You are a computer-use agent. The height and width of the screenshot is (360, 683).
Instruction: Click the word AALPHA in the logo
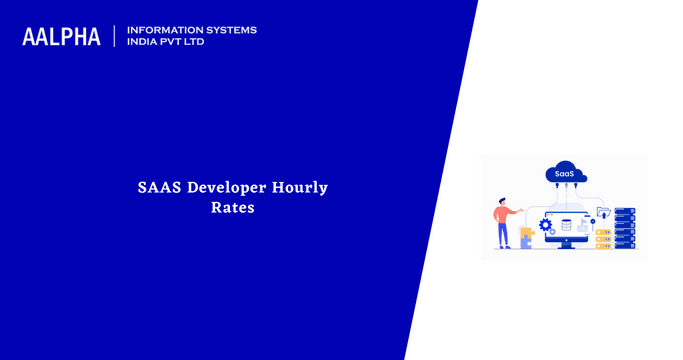[x=61, y=37]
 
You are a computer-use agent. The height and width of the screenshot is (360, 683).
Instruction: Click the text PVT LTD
[x=186, y=42]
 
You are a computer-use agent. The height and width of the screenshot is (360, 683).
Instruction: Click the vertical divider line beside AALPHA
[x=115, y=37]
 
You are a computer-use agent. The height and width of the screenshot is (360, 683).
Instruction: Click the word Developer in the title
[x=227, y=187]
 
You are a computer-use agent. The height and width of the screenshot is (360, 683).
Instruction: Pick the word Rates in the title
[x=232, y=209]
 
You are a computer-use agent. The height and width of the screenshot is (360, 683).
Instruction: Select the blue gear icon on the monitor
[x=546, y=224]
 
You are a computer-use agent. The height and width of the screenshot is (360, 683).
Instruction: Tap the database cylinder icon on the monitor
[x=567, y=224]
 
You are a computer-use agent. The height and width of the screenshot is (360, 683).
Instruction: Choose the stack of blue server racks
[x=625, y=227]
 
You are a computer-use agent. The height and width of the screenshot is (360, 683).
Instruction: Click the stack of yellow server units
[x=603, y=238]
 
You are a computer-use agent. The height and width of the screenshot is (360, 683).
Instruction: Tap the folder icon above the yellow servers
[x=602, y=212]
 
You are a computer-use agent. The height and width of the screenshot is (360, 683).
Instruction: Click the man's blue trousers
[x=503, y=235]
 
